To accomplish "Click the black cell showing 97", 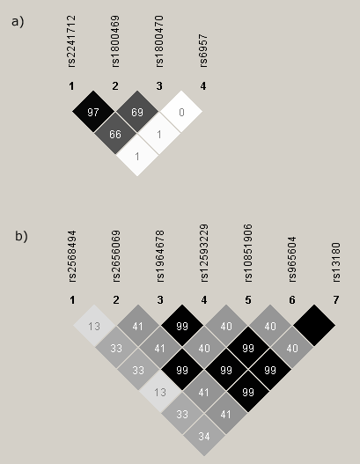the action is (93, 112).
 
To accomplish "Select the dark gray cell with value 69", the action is (137, 112).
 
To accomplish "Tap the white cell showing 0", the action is (181, 112).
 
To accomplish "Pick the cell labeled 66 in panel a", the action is (115, 134).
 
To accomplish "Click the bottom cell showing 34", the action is (204, 436).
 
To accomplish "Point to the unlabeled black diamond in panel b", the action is (314, 326).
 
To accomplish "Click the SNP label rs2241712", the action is (71, 41).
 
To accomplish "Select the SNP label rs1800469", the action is (115, 41).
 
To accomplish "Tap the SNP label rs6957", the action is (203, 50).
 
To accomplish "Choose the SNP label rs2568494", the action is (72, 256).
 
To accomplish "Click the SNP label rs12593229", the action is (204, 253).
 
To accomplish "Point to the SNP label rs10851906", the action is (248, 253).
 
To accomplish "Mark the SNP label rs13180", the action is (336, 261).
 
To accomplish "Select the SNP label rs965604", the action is (292, 259).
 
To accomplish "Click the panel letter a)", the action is (18, 22).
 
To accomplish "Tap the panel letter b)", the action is (21, 237).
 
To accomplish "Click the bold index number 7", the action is (336, 300).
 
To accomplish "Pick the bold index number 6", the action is (292, 300).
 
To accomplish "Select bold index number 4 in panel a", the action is (203, 86).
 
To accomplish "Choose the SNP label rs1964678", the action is (160, 256).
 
